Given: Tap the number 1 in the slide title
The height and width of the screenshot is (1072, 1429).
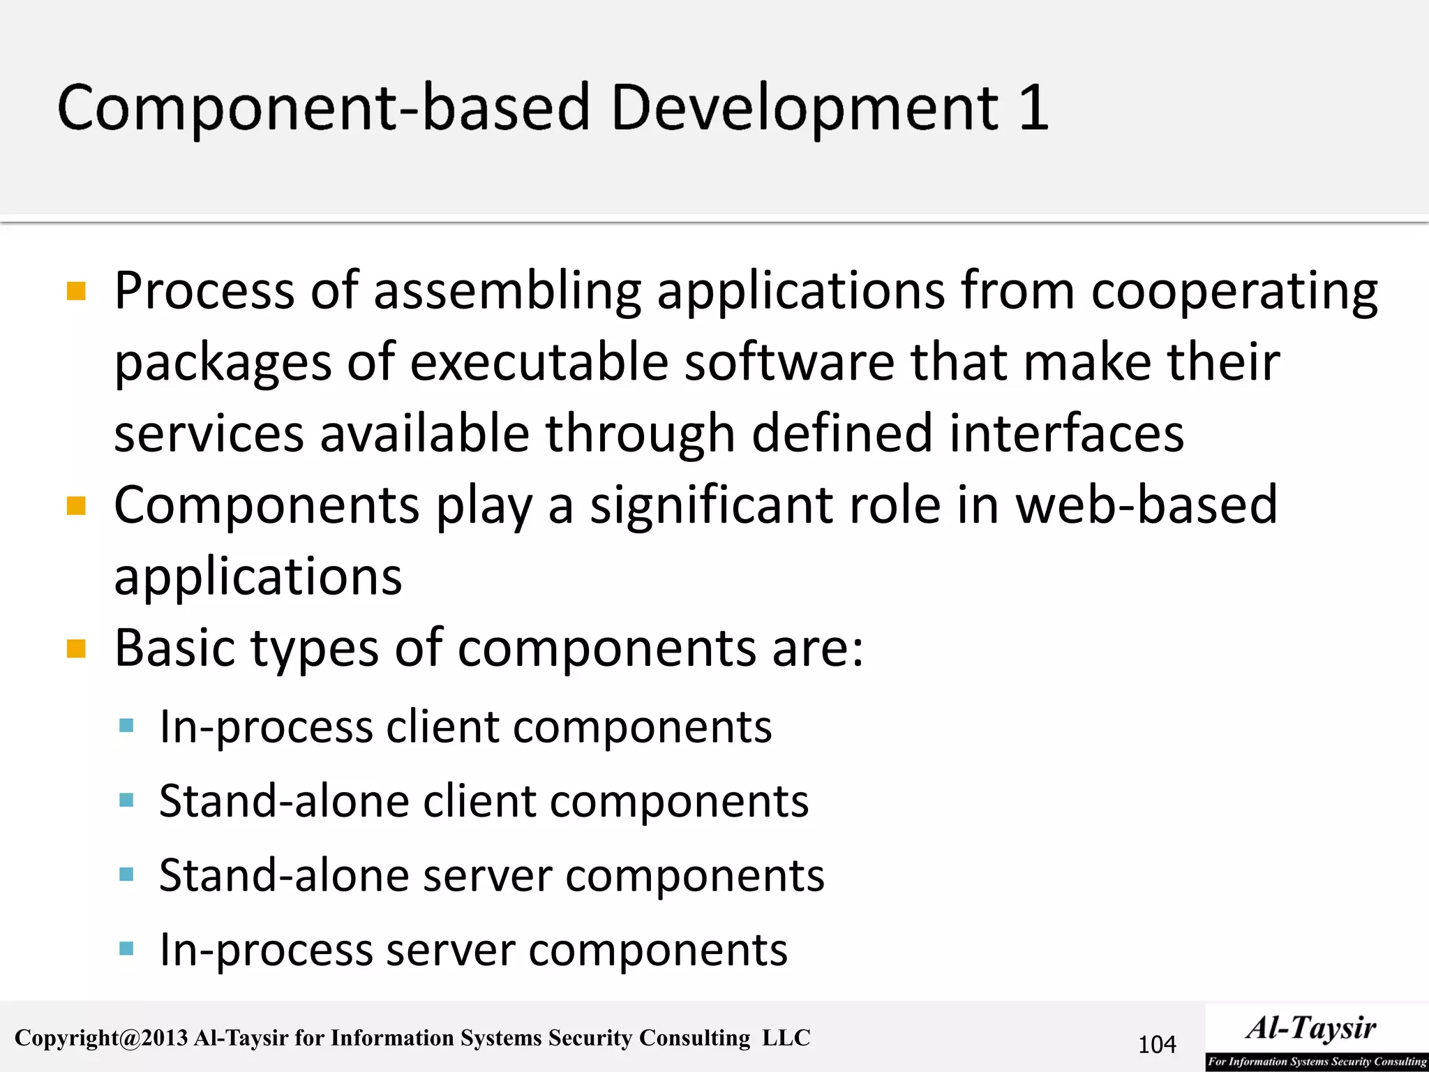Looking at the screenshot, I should [x=1033, y=108].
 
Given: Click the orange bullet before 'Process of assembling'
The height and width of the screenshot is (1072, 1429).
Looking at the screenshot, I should [x=76, y=290].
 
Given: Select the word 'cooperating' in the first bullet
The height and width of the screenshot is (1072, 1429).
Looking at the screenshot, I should [x=1234, y=292].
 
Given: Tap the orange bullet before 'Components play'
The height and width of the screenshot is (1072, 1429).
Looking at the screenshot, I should [x=76, y=505].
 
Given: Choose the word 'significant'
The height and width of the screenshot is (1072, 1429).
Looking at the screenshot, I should [x=711, y=505].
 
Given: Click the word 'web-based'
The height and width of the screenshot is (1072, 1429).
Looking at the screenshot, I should [x=1146, y=505].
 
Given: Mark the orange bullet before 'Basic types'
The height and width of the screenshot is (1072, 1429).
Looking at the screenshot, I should [x=76, y=649].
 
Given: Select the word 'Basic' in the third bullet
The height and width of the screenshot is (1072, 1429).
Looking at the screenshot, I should [x=174, y=649].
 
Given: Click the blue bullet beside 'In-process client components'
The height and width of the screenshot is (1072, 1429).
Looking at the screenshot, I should [x=126, y=727].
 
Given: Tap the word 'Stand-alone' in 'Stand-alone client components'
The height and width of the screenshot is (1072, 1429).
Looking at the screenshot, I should [x=283, y=801].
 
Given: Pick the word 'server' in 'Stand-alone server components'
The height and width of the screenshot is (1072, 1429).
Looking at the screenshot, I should [x=488, y=876].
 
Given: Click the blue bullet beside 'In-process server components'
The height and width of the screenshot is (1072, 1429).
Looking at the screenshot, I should [x=126, y=949].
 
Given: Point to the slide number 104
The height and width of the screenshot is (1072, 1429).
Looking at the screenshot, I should [x=1157, y=1045].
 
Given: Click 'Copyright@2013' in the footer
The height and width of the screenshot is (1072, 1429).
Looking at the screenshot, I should [x=101, y=1038].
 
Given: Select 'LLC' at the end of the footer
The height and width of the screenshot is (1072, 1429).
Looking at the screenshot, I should [x=786, y=1038].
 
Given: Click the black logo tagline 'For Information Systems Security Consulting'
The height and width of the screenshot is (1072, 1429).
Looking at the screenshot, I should [x=1317, y=1062].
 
